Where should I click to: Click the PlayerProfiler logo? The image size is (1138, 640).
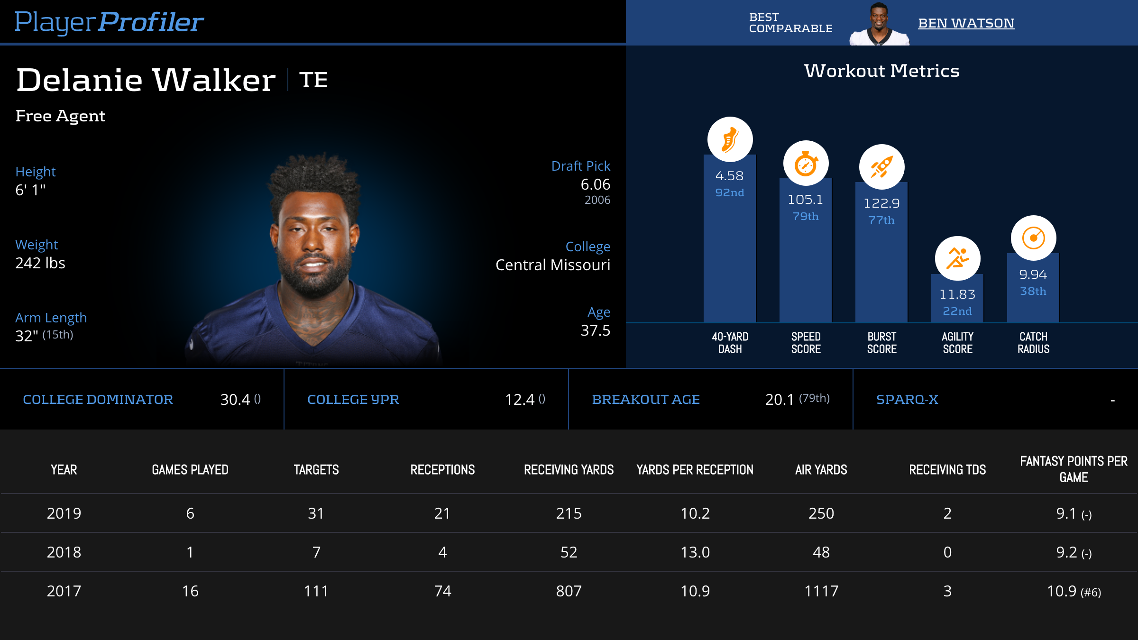point(109,22)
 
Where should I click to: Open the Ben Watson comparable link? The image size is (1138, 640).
point(966,23)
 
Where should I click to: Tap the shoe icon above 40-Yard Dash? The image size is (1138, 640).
point(730,139)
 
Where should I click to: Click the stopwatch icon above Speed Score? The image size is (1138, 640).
point(806,164)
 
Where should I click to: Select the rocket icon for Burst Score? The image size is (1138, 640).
point(881,167)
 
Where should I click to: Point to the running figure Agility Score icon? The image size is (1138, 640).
point(957,258)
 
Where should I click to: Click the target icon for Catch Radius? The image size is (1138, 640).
point(1033,238)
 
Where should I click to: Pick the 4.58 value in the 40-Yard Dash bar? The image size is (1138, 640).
point(729,176)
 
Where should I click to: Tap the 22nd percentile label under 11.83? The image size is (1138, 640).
point(957,311)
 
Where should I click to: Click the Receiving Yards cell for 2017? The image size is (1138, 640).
point(569,591)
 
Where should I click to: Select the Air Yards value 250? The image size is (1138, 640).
point(821,513)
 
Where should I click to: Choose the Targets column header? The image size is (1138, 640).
point(316,470)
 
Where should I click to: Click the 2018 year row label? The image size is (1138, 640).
point(64,552)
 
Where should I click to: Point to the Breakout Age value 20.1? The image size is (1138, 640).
point(779,400)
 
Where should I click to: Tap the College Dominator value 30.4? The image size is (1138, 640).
point(235,400)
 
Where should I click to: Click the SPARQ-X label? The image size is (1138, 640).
point(907,400)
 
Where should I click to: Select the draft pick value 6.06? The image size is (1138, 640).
point(595,184)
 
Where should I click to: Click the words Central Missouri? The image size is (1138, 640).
point(552,265)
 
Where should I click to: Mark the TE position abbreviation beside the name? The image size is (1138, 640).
point(313,80)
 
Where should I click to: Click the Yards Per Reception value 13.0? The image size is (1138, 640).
point(695,552)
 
